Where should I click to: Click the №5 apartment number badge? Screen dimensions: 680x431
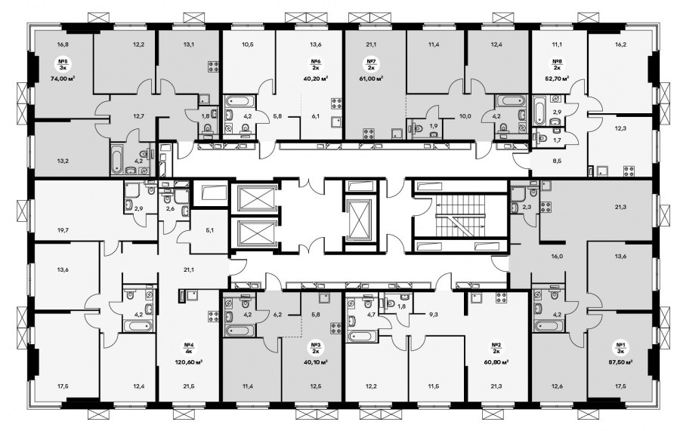63,65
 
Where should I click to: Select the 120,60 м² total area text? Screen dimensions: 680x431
188,362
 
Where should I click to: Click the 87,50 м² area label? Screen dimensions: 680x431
618,362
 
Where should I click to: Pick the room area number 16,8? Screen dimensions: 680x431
63,43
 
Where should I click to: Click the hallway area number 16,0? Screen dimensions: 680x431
557,256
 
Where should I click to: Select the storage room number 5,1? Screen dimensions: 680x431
210,230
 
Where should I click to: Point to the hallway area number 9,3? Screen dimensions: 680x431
432,315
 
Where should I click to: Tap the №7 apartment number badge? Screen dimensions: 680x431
371,65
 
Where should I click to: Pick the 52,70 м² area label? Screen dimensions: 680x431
557,79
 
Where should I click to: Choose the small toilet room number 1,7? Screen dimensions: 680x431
557,140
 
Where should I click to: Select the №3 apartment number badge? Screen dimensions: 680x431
315,348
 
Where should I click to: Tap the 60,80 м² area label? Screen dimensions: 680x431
496,362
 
